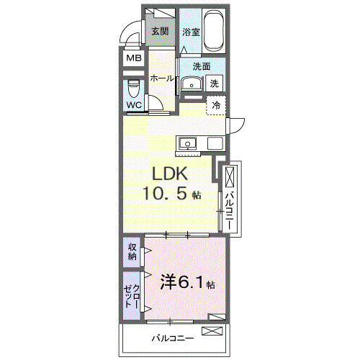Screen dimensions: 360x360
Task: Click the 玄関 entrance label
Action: point(160,31)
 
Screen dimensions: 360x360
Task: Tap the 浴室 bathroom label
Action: point(190,32)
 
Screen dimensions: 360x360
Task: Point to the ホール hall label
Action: point(162,78)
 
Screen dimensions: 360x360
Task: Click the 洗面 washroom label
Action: point(201,67)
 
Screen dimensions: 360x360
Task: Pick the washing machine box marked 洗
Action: point(215,84)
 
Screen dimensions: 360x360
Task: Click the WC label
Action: point(135,105)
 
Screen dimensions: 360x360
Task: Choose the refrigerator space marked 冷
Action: point(216,106)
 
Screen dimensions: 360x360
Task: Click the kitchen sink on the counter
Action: point(189,143)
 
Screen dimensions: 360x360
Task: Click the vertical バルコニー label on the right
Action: point(229,208)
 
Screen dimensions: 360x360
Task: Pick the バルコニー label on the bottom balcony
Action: point(170,337)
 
